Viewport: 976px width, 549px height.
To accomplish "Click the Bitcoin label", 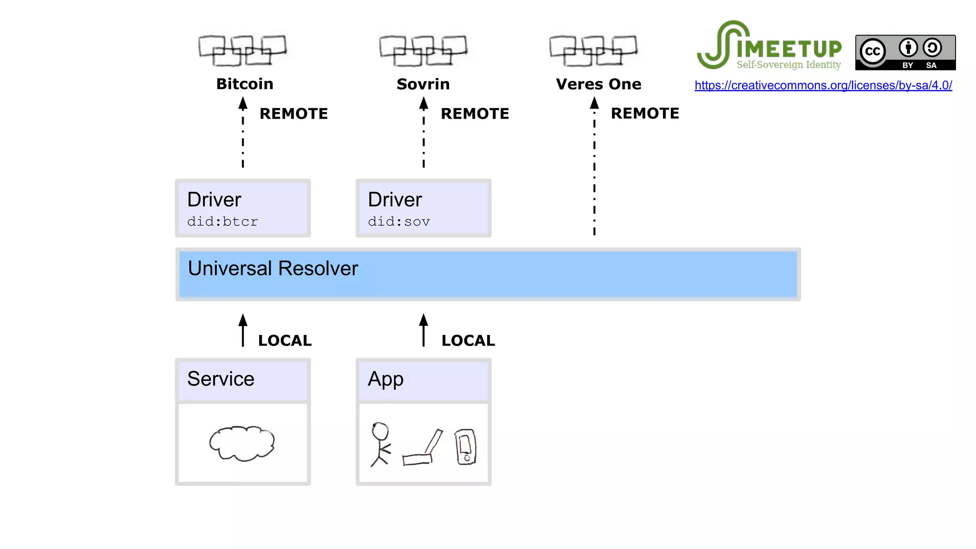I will [244, 84].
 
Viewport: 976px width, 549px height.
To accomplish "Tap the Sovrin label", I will [423, 84].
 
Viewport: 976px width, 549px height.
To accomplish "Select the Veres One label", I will [598, 84].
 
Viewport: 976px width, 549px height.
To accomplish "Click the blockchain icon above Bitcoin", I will [243, 50].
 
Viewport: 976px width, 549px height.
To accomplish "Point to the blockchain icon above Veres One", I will [593, 50].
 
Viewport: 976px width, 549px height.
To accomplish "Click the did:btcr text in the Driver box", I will [223, 222].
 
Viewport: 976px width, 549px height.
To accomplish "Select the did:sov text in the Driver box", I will [399, 222].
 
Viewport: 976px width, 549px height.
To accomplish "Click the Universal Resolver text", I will [273, 268].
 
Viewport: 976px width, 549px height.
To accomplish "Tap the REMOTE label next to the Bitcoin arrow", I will [294, 113].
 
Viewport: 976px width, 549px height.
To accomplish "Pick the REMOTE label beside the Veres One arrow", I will [645, 113].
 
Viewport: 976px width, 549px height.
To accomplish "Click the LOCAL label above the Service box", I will [285, 340].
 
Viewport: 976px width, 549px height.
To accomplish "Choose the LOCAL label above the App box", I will [468, 340].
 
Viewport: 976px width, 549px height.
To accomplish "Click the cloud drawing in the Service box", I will [242, 443].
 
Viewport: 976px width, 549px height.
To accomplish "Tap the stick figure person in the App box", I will [380, 443].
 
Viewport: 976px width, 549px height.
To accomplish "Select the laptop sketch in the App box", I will [422, 448].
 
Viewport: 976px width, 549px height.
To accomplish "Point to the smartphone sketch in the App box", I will [465, 447].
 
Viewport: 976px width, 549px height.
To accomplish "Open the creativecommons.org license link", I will [823, 85].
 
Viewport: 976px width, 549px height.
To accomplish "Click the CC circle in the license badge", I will [873, 51].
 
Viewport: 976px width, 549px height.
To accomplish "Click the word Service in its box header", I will [221, 379].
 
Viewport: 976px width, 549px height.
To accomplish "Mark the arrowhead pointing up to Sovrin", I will [424, 103].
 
